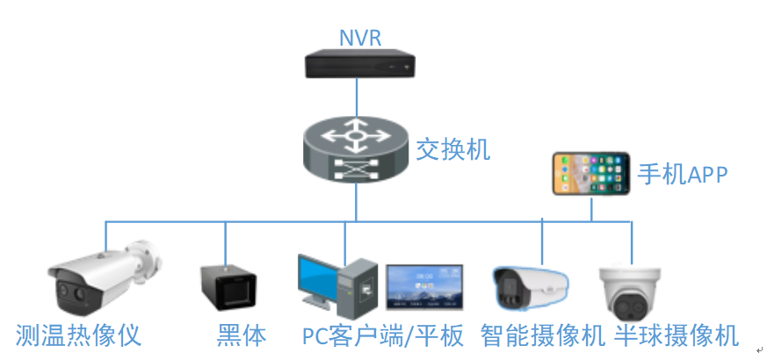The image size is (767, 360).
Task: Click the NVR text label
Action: tap(360, 38)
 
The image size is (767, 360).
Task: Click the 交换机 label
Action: tap(453, 148)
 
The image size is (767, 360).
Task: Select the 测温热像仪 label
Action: tap(79, 335)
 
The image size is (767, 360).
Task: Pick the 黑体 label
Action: tap(241, 335)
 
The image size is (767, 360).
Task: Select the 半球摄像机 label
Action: tap(676, 335)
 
